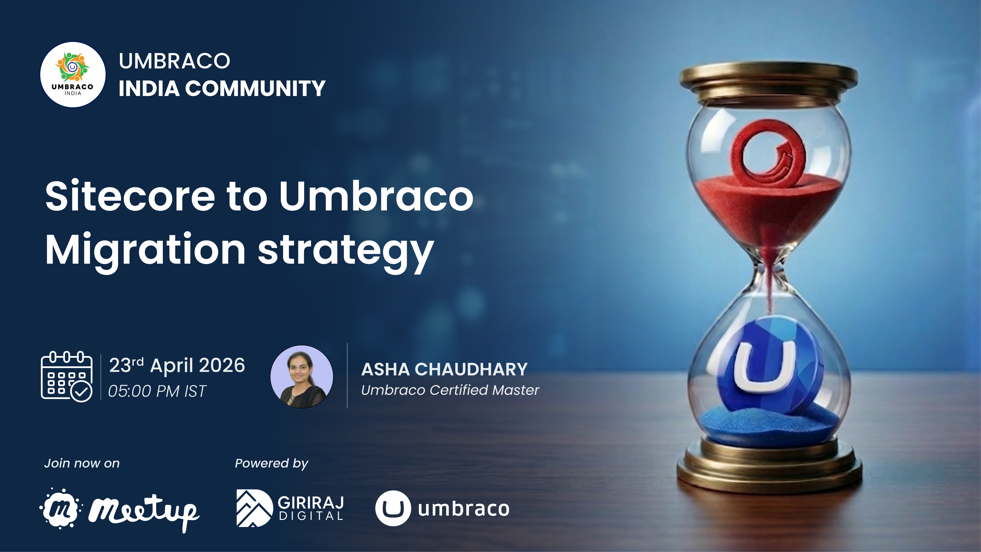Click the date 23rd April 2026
pyautogui.click(x=177, y=365)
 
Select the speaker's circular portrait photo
pyautogui.click(x=302, y=377)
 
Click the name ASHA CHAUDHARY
pyautogui.click(x=444, y=369)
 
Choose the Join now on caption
pyautogui.click(x=82, y=463)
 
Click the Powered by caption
pyautogui.click(x=271, y=463)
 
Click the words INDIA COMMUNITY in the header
pyautogui.click(x=222, y=88)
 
